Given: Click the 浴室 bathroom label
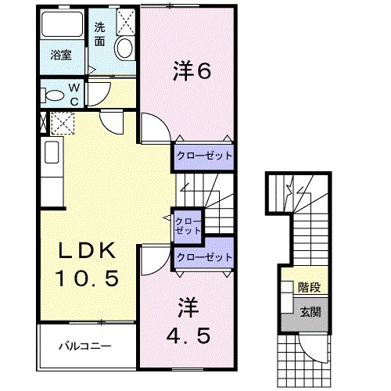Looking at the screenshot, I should [x=62, y=56].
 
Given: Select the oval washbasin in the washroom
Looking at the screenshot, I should [x=124, y=49].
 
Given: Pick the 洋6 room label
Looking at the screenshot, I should [x=192, y=72].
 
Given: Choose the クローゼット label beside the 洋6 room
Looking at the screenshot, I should [x=203, y=156].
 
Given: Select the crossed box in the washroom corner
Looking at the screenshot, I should [x=125, y=23].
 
